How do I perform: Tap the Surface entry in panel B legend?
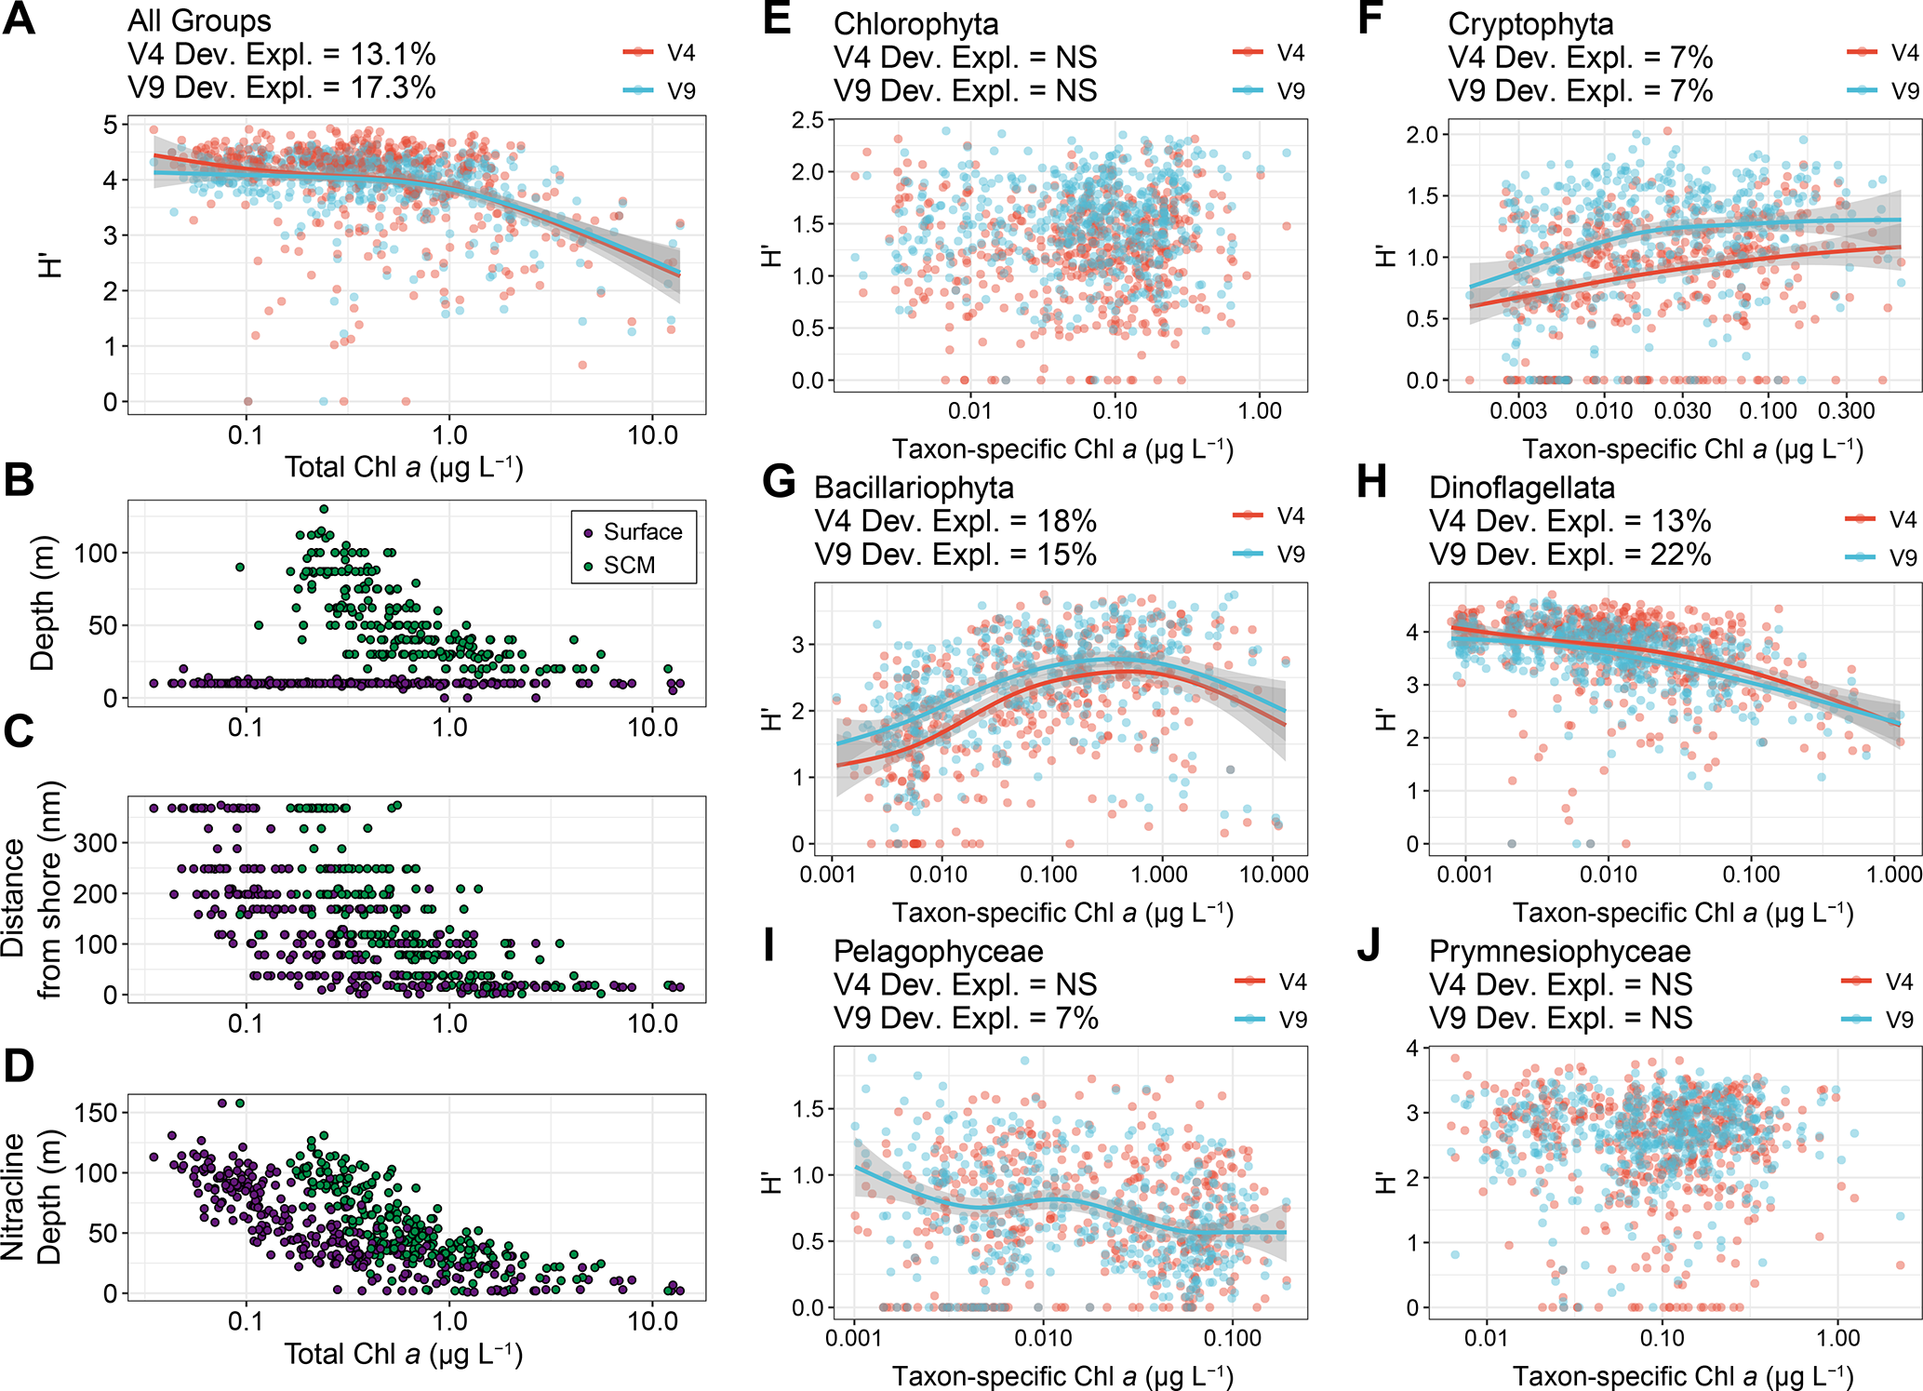click(x=642, y=532)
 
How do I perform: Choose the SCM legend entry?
click(x=629, y=566)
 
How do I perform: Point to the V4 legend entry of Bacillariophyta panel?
click(x=1290, y=516)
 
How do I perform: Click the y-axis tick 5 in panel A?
click(x=111, y=125)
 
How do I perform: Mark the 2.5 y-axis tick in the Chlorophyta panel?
click(x=808, y=120)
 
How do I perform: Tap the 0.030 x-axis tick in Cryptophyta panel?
click(x=1682, y=411)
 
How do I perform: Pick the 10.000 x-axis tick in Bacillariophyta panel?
click(x=1274, y=875)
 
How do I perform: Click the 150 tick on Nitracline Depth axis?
click(x=96, y=1113)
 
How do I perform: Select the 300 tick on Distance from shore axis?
click(x=96, y=843)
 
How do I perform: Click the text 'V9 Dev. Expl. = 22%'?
click(x=1569, y=555)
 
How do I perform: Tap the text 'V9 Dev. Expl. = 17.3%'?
click(x=282, y=87)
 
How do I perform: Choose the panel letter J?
click(x=1369, y=947)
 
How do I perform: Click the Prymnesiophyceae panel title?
click(x=1559, y=951)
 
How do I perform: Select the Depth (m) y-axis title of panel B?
click(x=43, y=603)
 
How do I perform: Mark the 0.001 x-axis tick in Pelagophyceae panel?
click(x=854, y=1339)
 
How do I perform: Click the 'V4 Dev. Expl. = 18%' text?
click(x=955, y=521)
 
